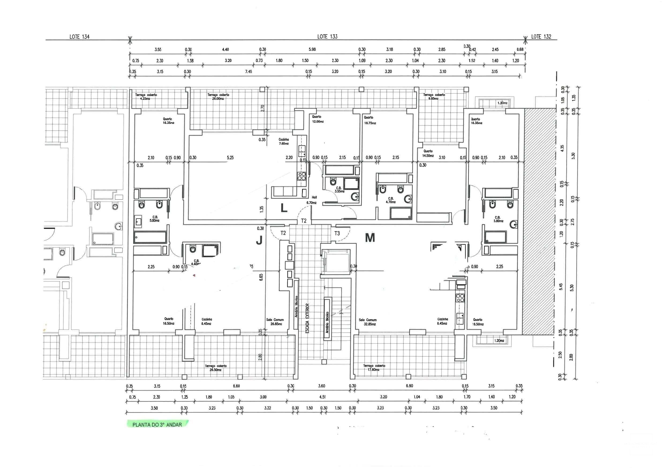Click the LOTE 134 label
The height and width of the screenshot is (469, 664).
tap(80, 37)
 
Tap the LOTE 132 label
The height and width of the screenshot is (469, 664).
tap(541, 37)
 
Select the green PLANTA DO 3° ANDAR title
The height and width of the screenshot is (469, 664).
tap(157, 425)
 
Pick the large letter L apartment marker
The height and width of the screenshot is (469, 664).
tap(284, 208)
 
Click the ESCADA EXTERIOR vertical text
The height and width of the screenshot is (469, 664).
tap(307, 318)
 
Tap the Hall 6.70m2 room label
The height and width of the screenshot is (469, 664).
tap(311, 200)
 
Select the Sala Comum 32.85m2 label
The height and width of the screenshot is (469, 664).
tap(368, 322)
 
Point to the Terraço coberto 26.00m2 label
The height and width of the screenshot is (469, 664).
tap(218, 97)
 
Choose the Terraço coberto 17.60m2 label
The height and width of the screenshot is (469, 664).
tap(374, 368)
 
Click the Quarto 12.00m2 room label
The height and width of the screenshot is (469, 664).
tap(317, 119)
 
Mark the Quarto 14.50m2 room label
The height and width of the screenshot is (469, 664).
tap(428, 153)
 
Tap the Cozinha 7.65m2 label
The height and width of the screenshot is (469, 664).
tap(284, 141)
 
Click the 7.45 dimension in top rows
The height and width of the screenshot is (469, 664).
tap(248, 71)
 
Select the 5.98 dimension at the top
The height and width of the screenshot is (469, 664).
tap(312, 49)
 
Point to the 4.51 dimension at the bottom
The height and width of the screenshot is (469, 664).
tap(322, 397)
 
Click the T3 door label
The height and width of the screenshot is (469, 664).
tap(337, 233)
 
